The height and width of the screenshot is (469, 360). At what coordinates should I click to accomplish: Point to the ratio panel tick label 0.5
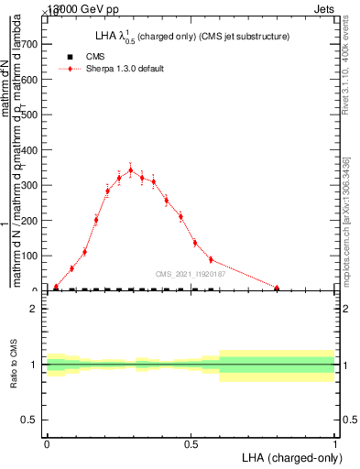click(29, 420)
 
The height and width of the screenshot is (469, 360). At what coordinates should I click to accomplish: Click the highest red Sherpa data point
click(130, 169)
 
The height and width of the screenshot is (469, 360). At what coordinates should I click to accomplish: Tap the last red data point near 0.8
click(277, 288)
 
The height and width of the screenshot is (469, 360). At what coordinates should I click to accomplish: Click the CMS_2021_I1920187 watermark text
click(191, 273)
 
